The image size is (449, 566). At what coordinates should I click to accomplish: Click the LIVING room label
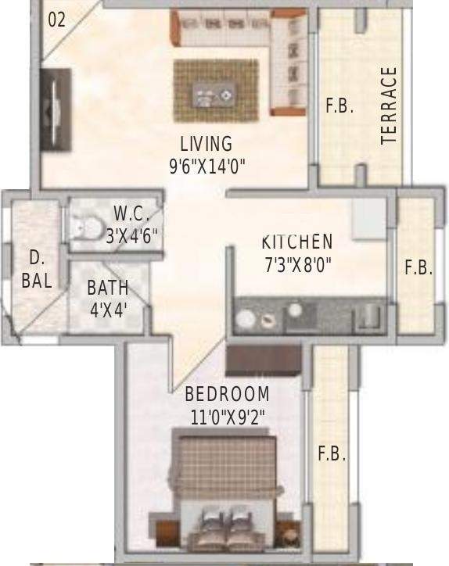[x=207, y=144]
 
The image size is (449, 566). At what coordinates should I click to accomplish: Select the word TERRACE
[x=389, y=106]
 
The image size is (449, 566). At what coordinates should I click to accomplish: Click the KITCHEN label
[x=297, y=242]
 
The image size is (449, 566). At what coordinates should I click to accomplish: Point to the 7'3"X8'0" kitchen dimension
[x=297, y=264]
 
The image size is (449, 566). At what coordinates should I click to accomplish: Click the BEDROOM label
[x=227, y=394]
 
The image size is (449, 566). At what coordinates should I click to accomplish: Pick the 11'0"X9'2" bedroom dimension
[x=228, y=417]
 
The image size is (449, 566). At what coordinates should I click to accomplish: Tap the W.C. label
[x=131, y=213]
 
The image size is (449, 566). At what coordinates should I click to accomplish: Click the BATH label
[x=108, y=287]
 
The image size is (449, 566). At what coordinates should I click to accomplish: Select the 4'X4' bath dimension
[x=109, y=310]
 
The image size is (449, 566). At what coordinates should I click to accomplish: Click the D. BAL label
[x=37, y=270]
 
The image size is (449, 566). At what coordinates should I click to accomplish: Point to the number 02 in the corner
[x=57, y=20]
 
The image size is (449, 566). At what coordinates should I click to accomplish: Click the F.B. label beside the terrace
[x=340, y=106]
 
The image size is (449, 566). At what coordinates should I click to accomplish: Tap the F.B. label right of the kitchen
[x=418, y=267]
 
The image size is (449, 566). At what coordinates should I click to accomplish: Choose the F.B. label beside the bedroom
[x=332, y=453]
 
